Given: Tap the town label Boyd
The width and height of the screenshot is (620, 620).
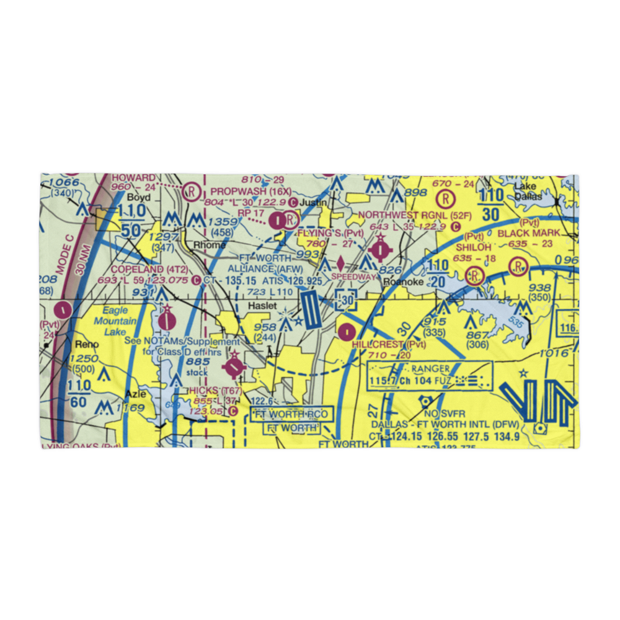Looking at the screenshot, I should (x=138, y=197).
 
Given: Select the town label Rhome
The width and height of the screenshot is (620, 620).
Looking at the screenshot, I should (x=209, y=244).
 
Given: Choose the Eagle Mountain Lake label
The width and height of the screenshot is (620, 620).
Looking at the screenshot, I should (x=115, y=321).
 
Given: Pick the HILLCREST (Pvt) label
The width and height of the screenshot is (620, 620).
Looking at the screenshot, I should (x=389, y=344).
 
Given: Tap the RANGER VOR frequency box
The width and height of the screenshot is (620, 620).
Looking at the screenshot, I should (x=429, y=376).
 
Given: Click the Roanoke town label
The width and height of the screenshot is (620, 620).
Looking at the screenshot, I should (x=403, y=282).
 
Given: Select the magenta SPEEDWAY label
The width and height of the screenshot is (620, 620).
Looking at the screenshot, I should (x=354, y=277).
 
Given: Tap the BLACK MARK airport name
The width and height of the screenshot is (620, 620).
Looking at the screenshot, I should (x=529, y=233).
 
